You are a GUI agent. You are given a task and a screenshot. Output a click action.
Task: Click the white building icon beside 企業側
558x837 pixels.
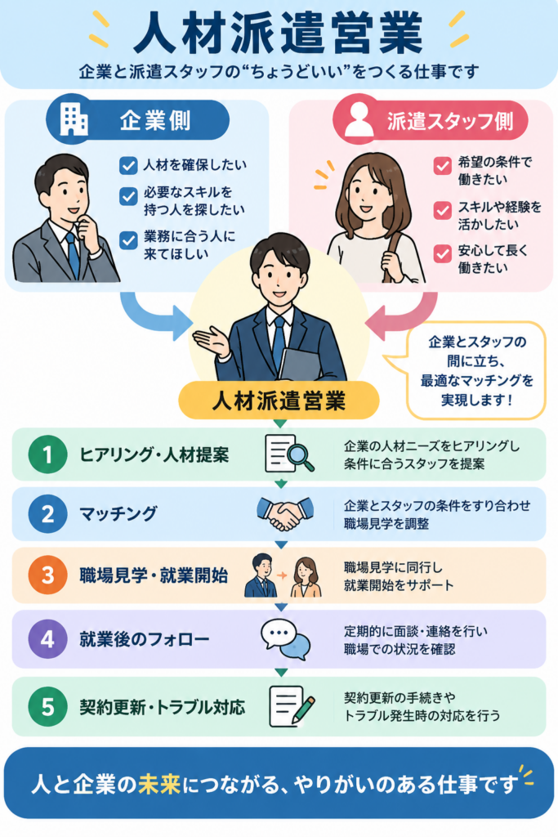pos(74,119)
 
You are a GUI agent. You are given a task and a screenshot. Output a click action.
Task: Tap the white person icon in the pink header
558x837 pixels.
pos(359,119)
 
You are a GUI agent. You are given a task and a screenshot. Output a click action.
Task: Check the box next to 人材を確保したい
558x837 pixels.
pos(128,165)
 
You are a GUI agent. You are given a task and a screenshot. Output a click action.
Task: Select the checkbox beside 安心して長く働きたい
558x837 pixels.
pos(442,253)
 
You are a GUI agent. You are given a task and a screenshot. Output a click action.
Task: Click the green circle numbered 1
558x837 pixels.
pos(47,454)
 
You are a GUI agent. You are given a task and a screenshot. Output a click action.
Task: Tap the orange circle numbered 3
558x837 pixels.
pos(47,575)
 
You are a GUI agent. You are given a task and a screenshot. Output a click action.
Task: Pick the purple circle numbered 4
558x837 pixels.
pos(47,638)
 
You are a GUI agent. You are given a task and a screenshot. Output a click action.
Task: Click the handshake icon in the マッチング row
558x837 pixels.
pos(285,513)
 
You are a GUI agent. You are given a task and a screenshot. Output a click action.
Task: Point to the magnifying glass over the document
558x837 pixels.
pos(299,457)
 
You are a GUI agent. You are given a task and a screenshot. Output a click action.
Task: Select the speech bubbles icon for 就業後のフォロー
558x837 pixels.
pos(285,639)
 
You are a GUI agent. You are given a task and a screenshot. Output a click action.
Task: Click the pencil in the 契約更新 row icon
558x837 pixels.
pos(304,709)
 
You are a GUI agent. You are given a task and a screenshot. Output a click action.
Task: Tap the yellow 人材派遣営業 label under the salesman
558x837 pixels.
pos(279,401)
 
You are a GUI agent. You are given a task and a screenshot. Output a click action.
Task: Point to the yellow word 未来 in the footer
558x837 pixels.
pos(159,784)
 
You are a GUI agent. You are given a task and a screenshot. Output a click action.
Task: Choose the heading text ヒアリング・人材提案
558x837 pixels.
pos(154,455)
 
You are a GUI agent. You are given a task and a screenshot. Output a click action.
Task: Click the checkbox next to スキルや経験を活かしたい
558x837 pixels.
pos(442,210)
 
